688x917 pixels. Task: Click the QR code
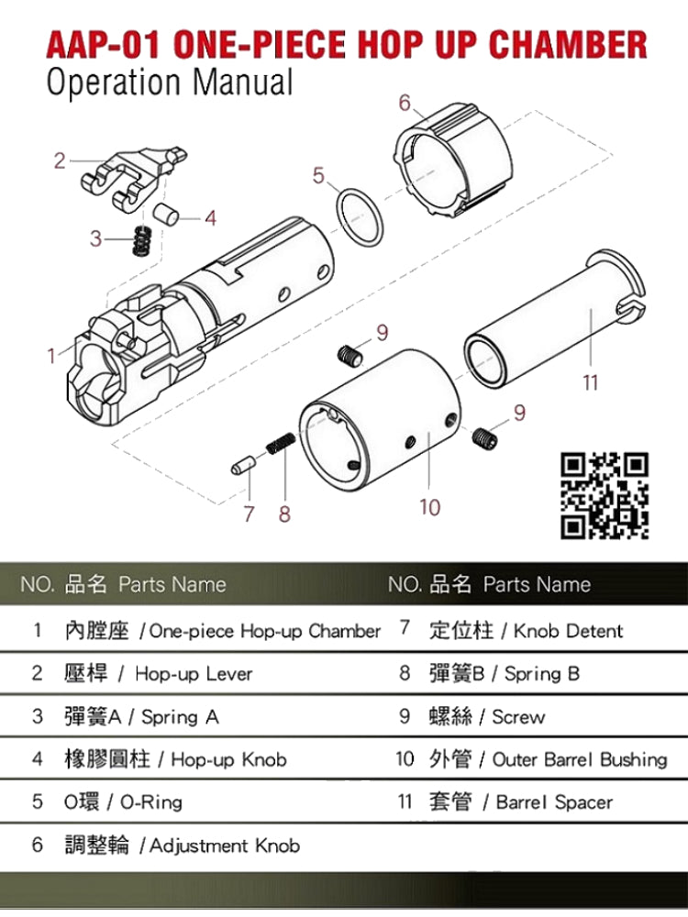(605, 495)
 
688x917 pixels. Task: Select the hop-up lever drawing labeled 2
(134, 179)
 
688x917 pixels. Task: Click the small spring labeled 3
(141, 240)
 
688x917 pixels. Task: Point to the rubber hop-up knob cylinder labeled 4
(166, 214)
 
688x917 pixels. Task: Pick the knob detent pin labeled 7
(243, 466)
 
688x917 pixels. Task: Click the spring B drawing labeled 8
(281, 443)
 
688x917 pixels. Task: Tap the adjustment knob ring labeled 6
(453, 159)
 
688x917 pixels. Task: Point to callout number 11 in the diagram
(590, 382)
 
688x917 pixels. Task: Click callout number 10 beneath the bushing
(429, 507)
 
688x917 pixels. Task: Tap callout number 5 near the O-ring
(318, 175)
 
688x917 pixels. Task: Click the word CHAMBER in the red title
(569, 44)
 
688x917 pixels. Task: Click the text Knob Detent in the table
(568, 631)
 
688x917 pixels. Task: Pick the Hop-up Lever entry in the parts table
(194, 674)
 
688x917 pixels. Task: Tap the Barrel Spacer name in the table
(554, 801)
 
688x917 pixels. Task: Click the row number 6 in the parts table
(38, 845)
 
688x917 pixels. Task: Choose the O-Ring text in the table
(151, 801)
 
